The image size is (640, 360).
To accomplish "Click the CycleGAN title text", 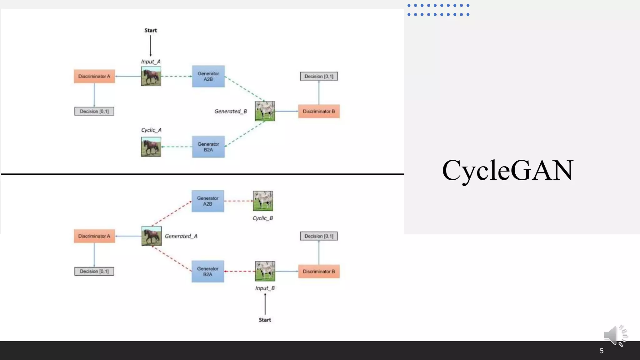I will pyautogui.click(x=507, y=170).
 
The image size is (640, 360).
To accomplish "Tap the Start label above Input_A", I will pyautogui.click(x=151, y=30).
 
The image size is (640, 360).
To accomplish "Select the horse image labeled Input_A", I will pyautogui.click(x=151, y=76).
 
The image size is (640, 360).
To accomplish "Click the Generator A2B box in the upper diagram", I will pyautogui.click(x=208, y=76).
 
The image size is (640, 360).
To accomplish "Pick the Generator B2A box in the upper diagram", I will pyautogui.click(x=208, y=147).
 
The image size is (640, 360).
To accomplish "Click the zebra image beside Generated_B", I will pyautogui.click(x=265, y=111).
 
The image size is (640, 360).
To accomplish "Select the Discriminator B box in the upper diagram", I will pyautogui.click(x=319, y=111).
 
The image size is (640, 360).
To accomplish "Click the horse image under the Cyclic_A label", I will pyautogui.click(x=151, y=147).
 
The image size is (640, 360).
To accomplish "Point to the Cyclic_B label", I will pyautogui.click(x=262, y=218).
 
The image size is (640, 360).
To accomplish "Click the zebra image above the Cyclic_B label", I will pyautogui.click(x=263, y=201).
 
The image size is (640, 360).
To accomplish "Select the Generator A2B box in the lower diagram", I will pyautogui.click(x=208, y=201).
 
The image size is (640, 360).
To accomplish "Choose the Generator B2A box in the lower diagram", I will pyautogui.click(x=208, y=271).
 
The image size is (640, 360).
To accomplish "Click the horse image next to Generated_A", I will pyautogui.click(x=152, y=236).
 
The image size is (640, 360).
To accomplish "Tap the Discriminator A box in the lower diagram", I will pyautogui.click(x=94, y=236).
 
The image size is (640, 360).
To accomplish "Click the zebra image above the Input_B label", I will pyautogui.click(x=265, y=271).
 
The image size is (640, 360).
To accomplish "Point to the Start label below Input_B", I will pyautogui.click(x=265, y=320).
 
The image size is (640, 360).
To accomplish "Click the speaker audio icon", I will pyautogui.click(x=615, y=335).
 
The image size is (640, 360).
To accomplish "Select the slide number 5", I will pyautogui.click(x=601, y=351).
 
